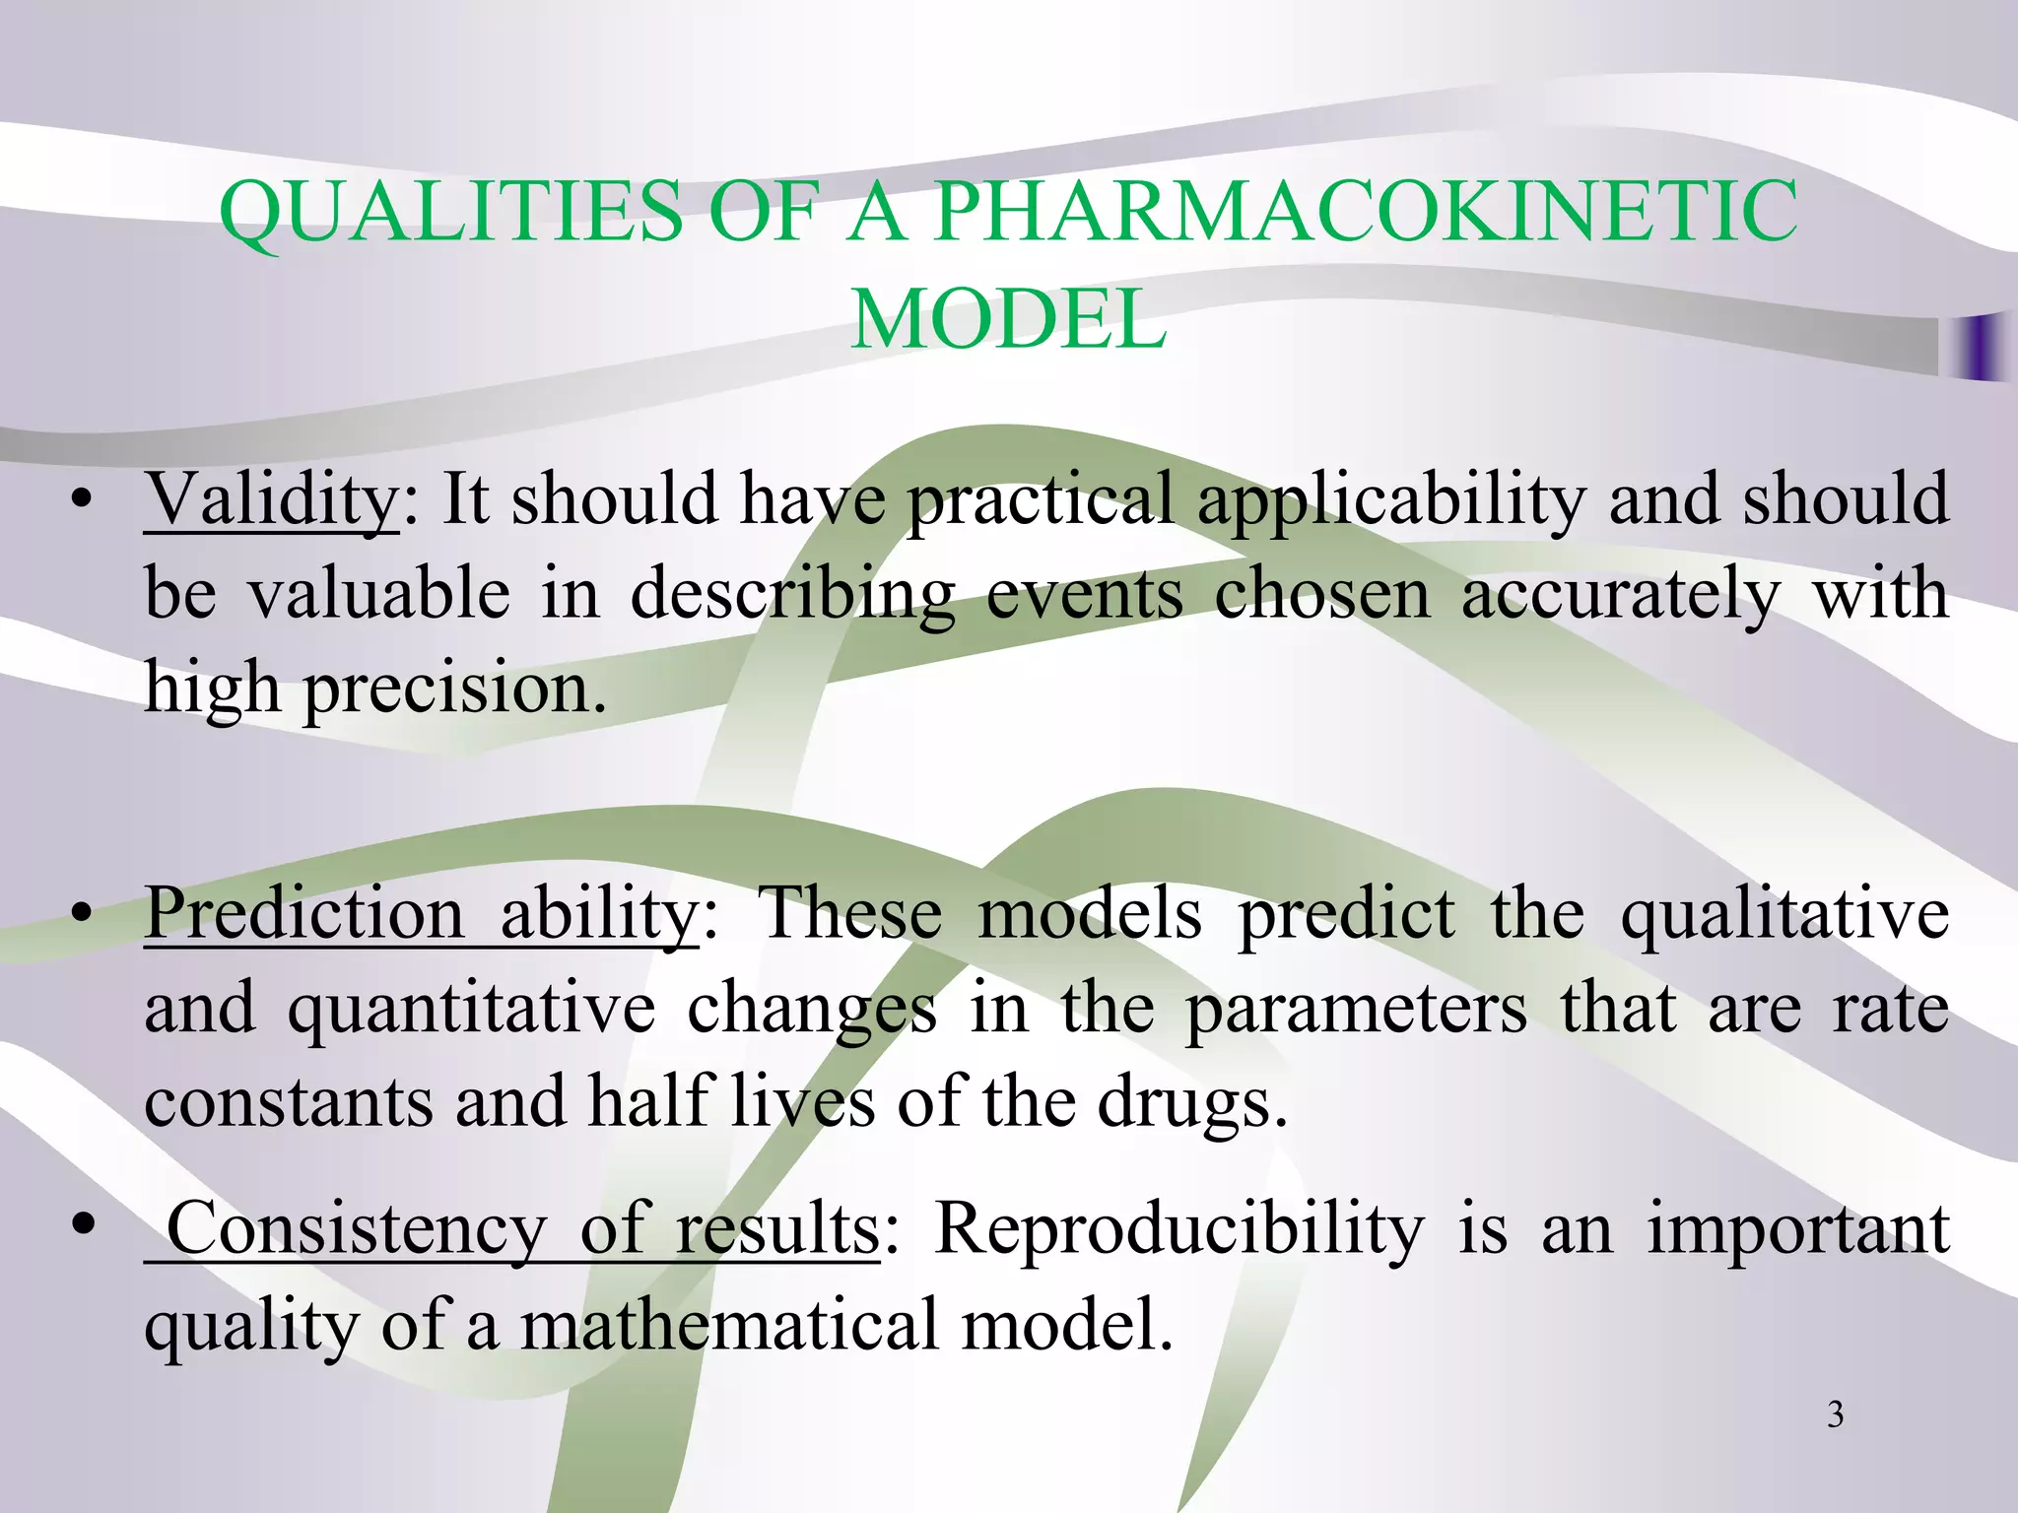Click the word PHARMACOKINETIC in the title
(1366, 211)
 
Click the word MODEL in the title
(1008, 319)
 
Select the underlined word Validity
(271, 499)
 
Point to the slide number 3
(1835, 1415)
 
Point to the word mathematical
(730, 1325)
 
